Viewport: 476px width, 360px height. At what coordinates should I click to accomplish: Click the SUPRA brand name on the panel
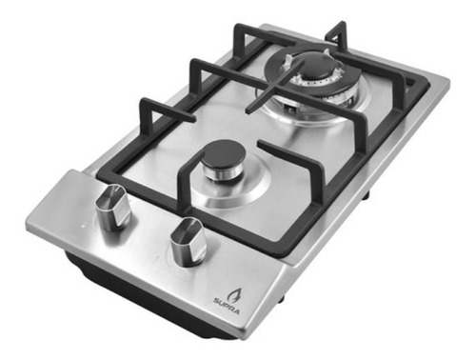[x=227, y=307]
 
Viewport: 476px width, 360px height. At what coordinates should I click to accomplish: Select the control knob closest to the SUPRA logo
[x=188, y=243]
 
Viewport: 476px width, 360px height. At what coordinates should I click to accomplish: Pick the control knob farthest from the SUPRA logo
[x=113, y=208]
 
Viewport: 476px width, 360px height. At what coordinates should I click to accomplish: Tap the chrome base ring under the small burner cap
[x=221, y=174]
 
